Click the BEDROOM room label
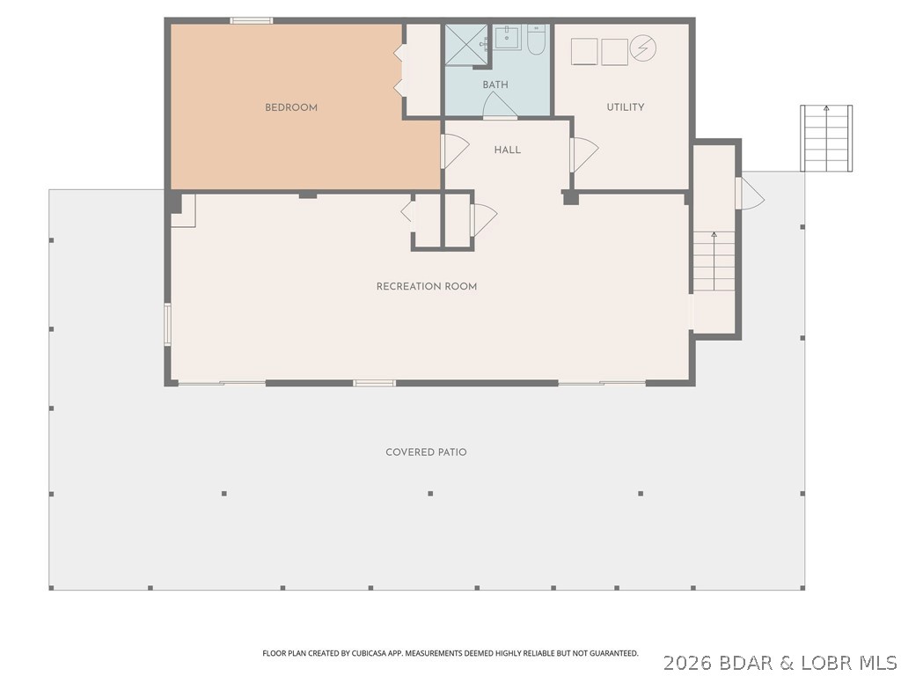click(290, 107)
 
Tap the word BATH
click(494, 85)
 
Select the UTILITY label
click(626, 107)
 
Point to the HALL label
click(508, 150)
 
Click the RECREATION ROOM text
click(427, 286)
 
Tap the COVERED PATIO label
click(426, 452)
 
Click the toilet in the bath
click(536, 40)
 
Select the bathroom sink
click(508, 37)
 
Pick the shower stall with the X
click(466, 44)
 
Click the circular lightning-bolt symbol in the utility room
click(643, 48)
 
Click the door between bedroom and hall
click(455, 151)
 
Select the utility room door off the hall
click(584, 154)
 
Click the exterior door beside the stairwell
click(750, 193)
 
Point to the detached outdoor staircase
click(826, 138)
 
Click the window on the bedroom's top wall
click(251, 21)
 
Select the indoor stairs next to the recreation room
click(714, 261)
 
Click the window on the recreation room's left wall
click(168, 325)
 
